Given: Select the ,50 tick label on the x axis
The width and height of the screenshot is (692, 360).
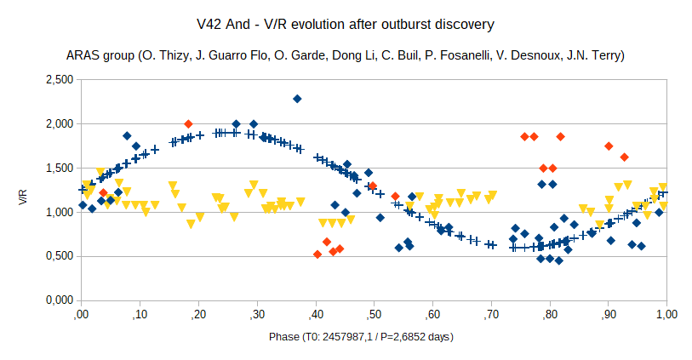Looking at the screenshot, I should tap(373, 315).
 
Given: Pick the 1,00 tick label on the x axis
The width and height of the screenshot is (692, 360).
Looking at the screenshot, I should tap(666, 315).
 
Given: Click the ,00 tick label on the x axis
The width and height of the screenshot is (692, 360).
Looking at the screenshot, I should tap(80, 315).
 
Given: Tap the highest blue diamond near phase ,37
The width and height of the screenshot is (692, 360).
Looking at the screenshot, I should tap(297, 99).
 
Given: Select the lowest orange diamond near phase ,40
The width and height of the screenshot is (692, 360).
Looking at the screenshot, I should tap(317, 254).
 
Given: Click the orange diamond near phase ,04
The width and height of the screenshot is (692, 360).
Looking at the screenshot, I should tap(104, 192).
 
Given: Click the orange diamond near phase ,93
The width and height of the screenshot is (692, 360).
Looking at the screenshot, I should tap(624, 157).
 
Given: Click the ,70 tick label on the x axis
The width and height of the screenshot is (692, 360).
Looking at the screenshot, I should tap(490, 315).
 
